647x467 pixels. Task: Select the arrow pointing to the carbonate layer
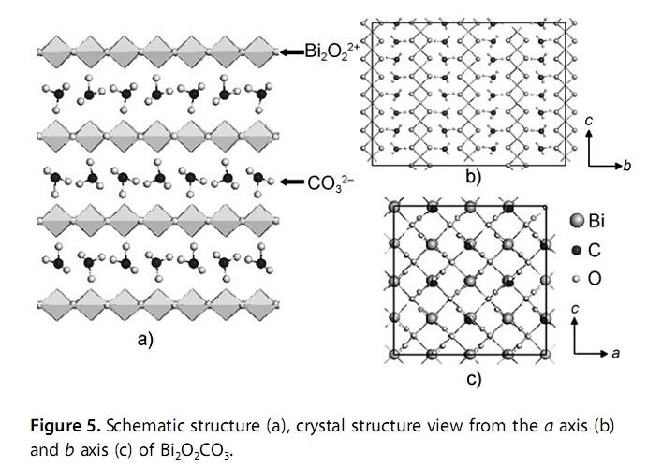pos(295,181)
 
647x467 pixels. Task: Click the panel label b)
pos(473,178)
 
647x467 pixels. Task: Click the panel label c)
pos(473,378)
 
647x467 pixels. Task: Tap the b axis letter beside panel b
pos(628,166)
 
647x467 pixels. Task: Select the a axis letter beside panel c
pos(615,353)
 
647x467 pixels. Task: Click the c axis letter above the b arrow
pos(588,120)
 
